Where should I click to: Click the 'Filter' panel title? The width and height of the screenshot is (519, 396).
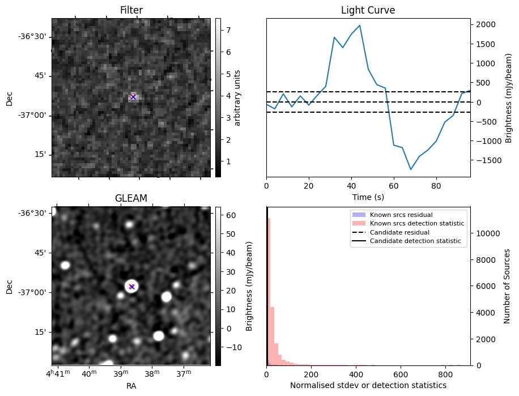pyautogui.click(x=131, y=10)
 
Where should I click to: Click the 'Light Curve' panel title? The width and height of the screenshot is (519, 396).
pyautogui.click(x=368, y=10)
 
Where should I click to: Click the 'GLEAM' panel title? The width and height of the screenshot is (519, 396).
pyautogui.click(x=131, y=198)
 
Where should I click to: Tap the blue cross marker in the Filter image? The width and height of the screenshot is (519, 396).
pyautogui.click(x=133, y=97)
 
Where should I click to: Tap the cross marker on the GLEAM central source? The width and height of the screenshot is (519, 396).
pyautogui.click(x=131, y=287)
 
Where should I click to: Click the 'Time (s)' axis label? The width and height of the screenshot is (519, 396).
pyautogui.click(x=368, y=197)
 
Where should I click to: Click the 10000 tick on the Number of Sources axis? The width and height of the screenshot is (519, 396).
pyautogui.click(x=485, y=233)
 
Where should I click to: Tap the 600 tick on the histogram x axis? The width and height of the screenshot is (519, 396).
pyautogui.click(x=401, y=374)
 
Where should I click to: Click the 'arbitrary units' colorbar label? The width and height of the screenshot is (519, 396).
pyautogui.click(x=237, y=97)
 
